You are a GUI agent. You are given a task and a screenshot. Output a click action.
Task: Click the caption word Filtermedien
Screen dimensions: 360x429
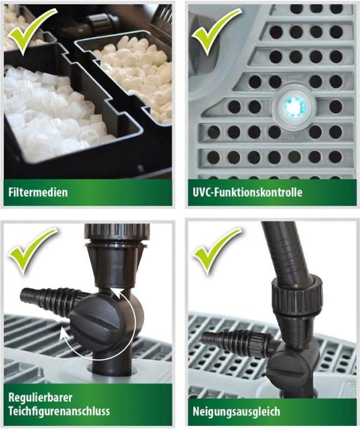(38, 192)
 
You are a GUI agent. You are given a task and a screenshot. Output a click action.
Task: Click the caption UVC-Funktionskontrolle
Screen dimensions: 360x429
(247, 192)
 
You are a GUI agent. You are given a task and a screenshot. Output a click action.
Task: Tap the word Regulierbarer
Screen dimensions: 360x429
(40, 397)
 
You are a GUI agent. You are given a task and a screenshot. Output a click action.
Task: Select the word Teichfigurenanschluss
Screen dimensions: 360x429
(59, 411)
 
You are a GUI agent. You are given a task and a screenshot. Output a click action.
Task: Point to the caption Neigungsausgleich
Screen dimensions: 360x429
(236, 412)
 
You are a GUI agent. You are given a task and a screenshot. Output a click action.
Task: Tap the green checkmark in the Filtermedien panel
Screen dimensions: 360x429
(32, 30)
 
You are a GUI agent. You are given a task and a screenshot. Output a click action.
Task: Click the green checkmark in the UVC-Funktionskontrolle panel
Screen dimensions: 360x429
(216, 30)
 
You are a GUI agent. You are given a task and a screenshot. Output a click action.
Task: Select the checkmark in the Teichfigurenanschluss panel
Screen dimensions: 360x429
(32, 251)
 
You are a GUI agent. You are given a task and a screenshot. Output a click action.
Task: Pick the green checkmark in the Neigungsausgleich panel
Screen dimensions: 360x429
(216, 251)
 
